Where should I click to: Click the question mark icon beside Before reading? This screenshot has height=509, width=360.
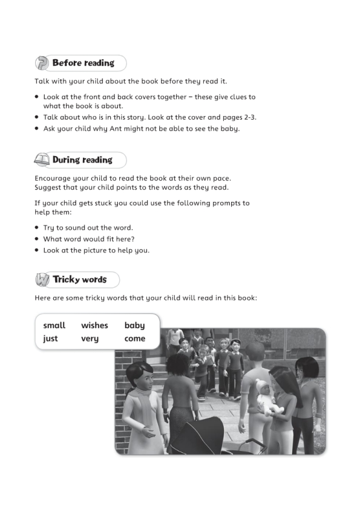(42, 63)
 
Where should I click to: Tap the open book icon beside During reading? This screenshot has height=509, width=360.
(42, 160)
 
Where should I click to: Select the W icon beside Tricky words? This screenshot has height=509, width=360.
(42, 280)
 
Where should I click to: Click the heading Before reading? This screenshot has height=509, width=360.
(83, 63)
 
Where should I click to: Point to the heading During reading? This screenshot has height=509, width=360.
(82, 160)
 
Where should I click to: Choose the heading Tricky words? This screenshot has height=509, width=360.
(79, 280)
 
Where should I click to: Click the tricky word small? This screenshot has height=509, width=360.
(54, 325)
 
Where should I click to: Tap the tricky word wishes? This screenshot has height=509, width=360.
(94, 325)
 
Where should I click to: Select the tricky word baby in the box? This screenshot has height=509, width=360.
(134, 325)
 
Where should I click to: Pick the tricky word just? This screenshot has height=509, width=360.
(50, 339)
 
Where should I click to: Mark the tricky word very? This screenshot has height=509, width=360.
(90, 339)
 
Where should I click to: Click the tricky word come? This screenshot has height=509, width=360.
(135, 339)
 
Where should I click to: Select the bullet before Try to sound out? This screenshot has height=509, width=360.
(37, 228)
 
